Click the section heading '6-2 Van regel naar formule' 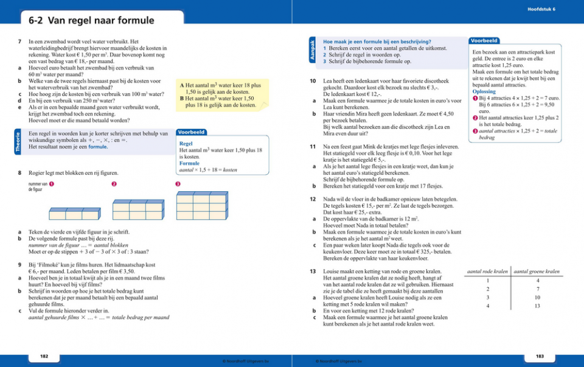tap(91, 21)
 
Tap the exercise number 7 tap(20, 42)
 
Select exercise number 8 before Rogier tap(20, 173)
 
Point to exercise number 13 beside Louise tap(312, 271)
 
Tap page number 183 tap(540, 355)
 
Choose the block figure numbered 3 tap(201, 206)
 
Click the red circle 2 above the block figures tap(114, 184)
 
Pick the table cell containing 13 tap(537, 306)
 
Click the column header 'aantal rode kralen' tap(487, 271)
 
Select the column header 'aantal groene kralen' tap(537, 271)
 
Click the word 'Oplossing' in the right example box tap(484, 91)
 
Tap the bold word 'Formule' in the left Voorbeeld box tap(189, 164)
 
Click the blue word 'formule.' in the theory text tap(98, 147)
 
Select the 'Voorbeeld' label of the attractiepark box tap(484, 41)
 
